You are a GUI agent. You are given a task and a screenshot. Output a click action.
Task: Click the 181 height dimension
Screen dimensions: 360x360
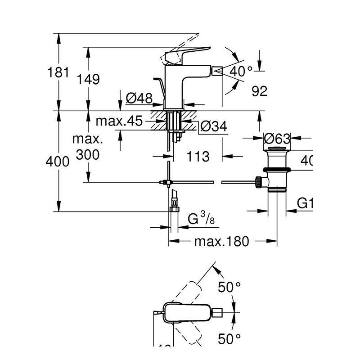click(x=58, y=72)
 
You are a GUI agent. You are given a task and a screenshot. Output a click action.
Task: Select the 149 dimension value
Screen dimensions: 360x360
click(x=88, y=79)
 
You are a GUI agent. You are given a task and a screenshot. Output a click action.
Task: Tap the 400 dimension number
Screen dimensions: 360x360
click(x=58, y=162)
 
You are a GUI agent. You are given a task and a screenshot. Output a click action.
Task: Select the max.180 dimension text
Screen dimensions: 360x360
click(x=221, y=242)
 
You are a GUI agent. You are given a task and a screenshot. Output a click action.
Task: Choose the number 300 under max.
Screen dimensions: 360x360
click(x=88, y=154)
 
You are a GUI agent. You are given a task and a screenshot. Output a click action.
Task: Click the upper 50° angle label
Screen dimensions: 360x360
click(x=229, y=286)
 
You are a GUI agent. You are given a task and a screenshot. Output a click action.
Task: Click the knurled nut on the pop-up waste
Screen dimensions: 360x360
click(x=259, y=182)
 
